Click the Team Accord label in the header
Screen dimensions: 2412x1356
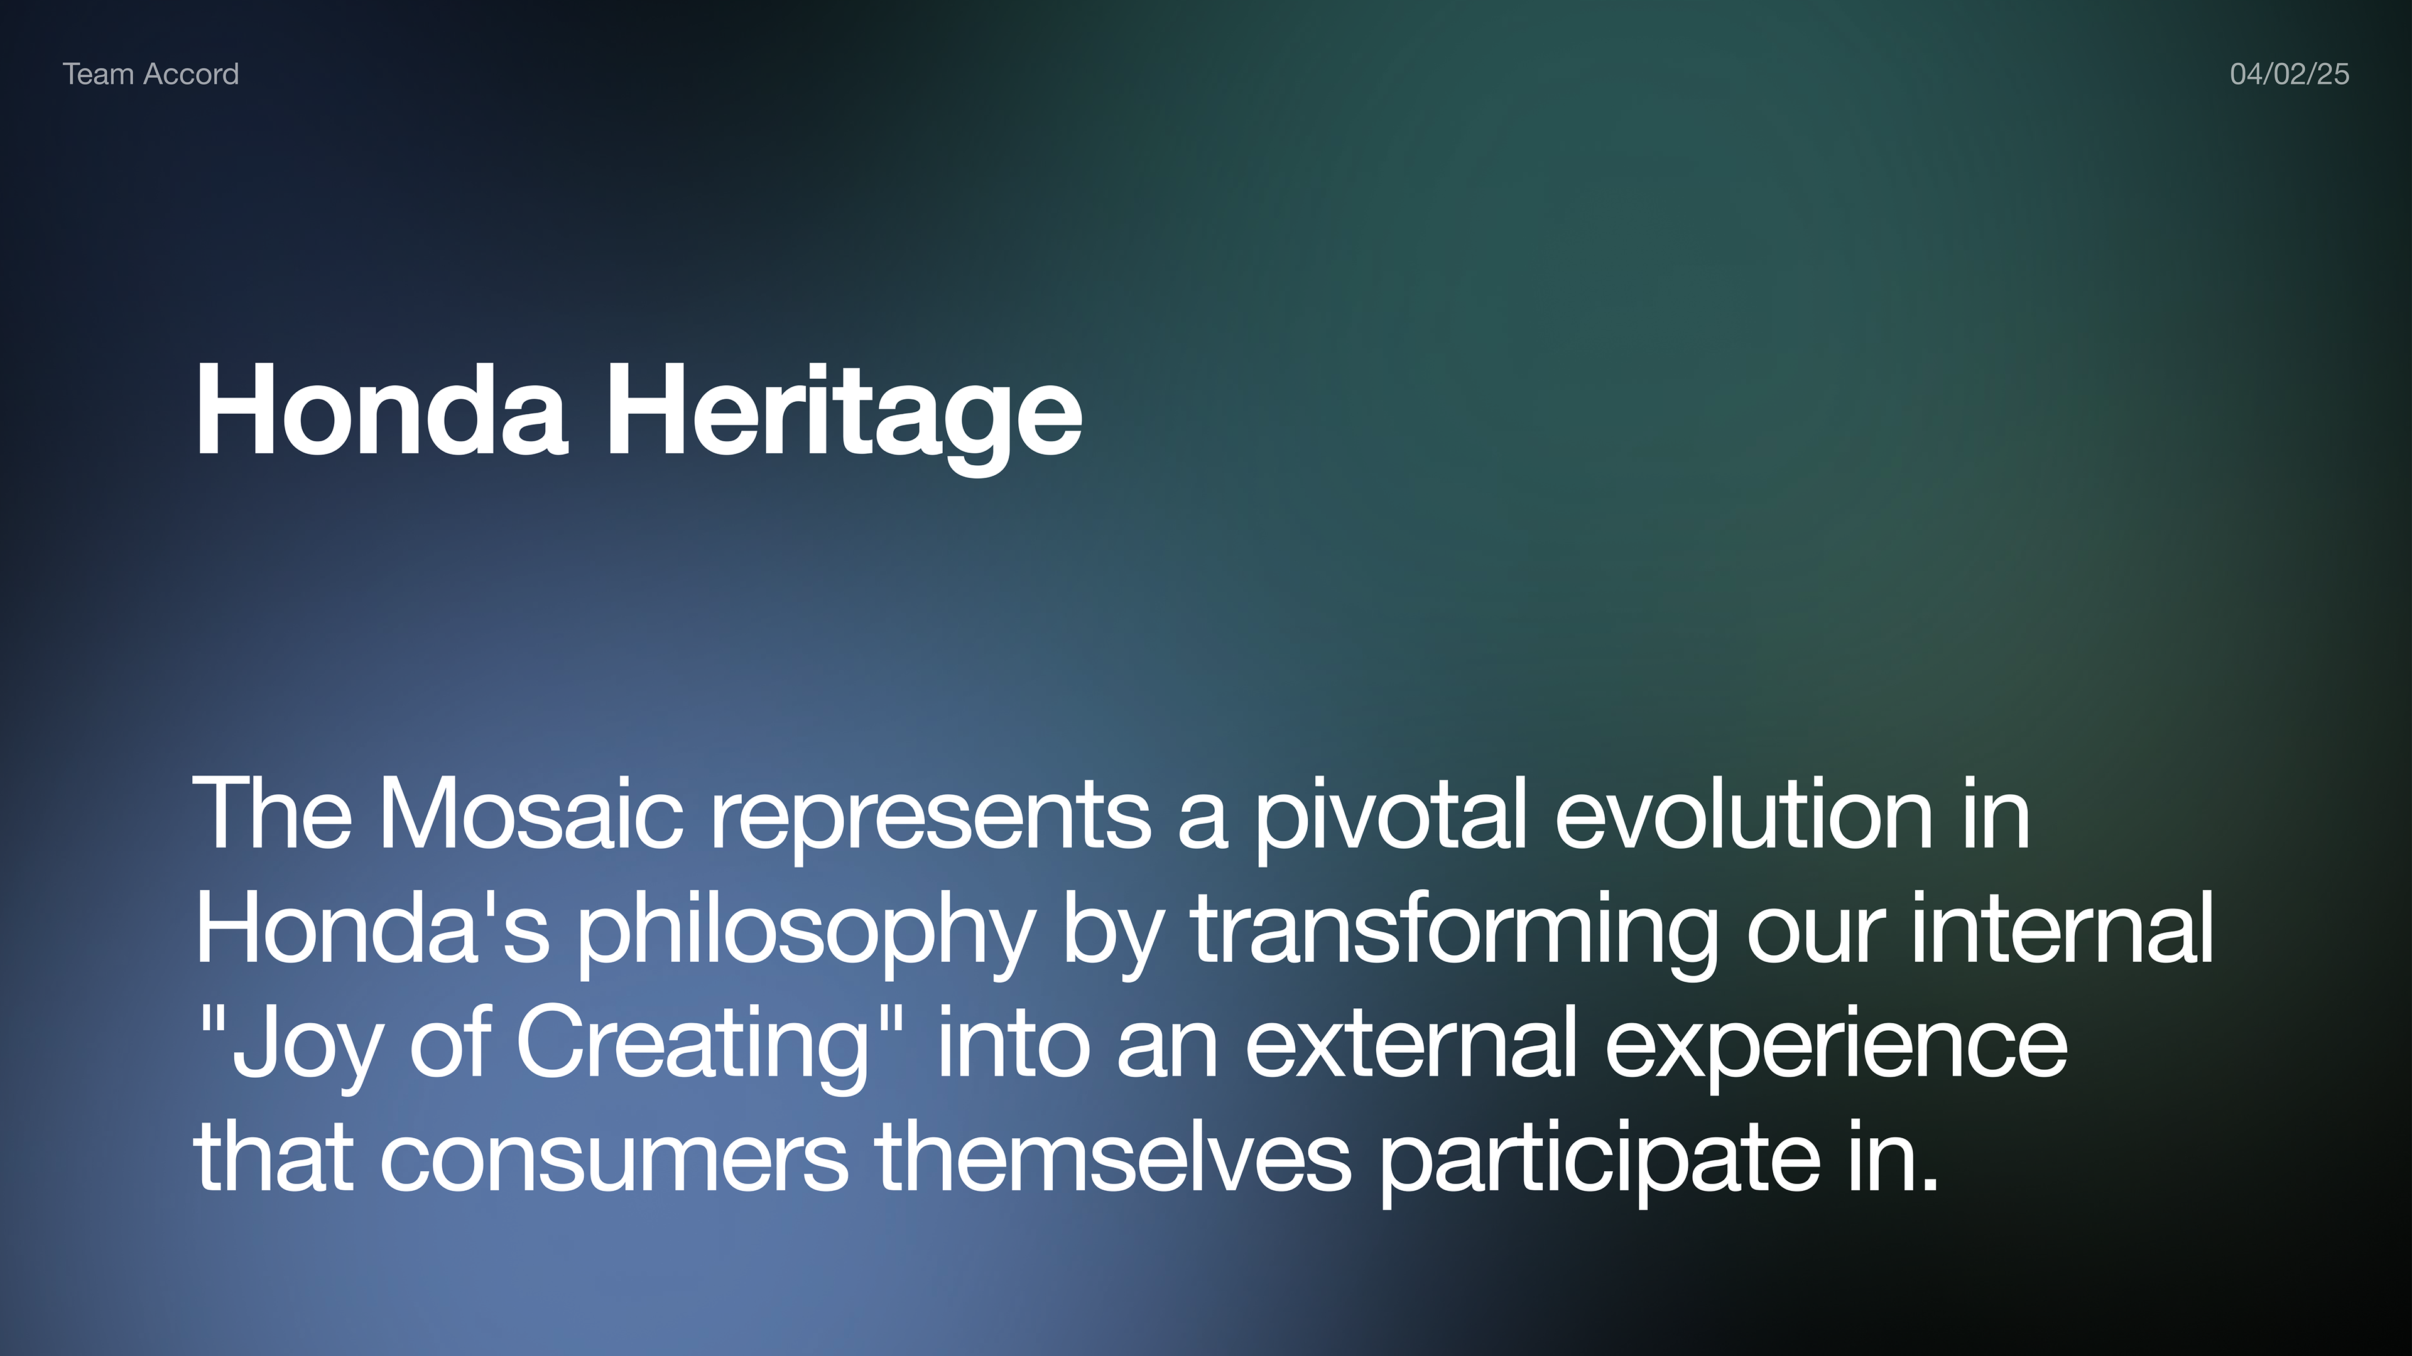point(151,74)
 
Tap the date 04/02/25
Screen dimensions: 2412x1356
point(2290,74)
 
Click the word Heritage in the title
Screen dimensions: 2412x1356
point(845,412)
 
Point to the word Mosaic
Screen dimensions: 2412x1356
point(531,813)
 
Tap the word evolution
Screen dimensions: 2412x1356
point(1744,813)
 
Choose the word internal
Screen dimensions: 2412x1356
point(2062,927)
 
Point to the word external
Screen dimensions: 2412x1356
point(1412,1041)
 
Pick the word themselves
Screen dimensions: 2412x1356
point(1113,1155)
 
